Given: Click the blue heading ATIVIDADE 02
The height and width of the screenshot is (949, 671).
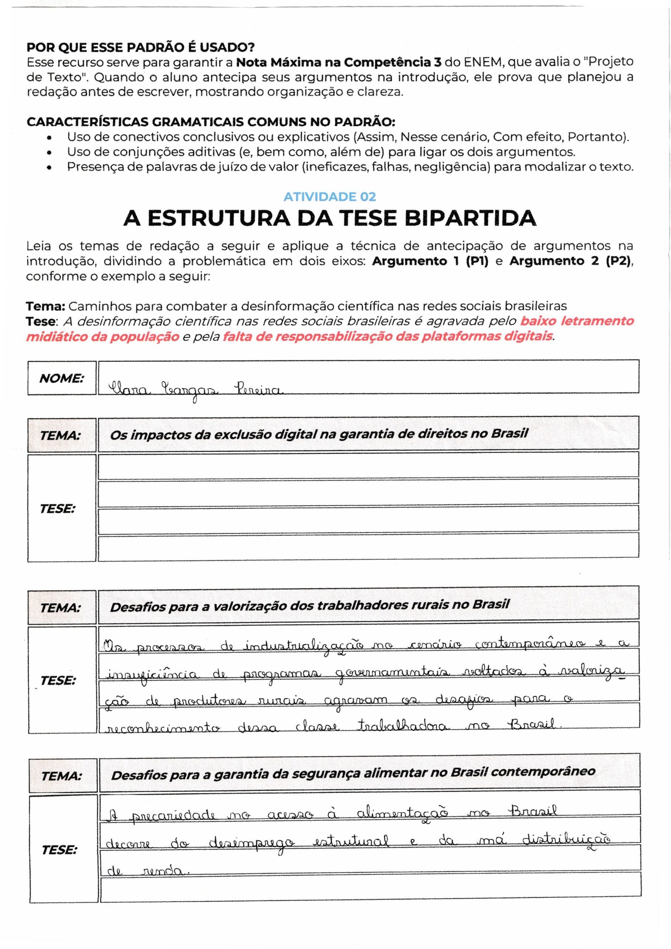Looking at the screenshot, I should click(330, 197).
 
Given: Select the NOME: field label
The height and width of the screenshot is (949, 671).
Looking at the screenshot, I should click(62, 378).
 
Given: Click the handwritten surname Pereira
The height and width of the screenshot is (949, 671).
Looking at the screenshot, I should click(258, 389).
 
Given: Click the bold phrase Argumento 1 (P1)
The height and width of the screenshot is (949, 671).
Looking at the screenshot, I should click(430, 261).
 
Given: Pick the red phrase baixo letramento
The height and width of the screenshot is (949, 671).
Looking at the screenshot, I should click(577, 321).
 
